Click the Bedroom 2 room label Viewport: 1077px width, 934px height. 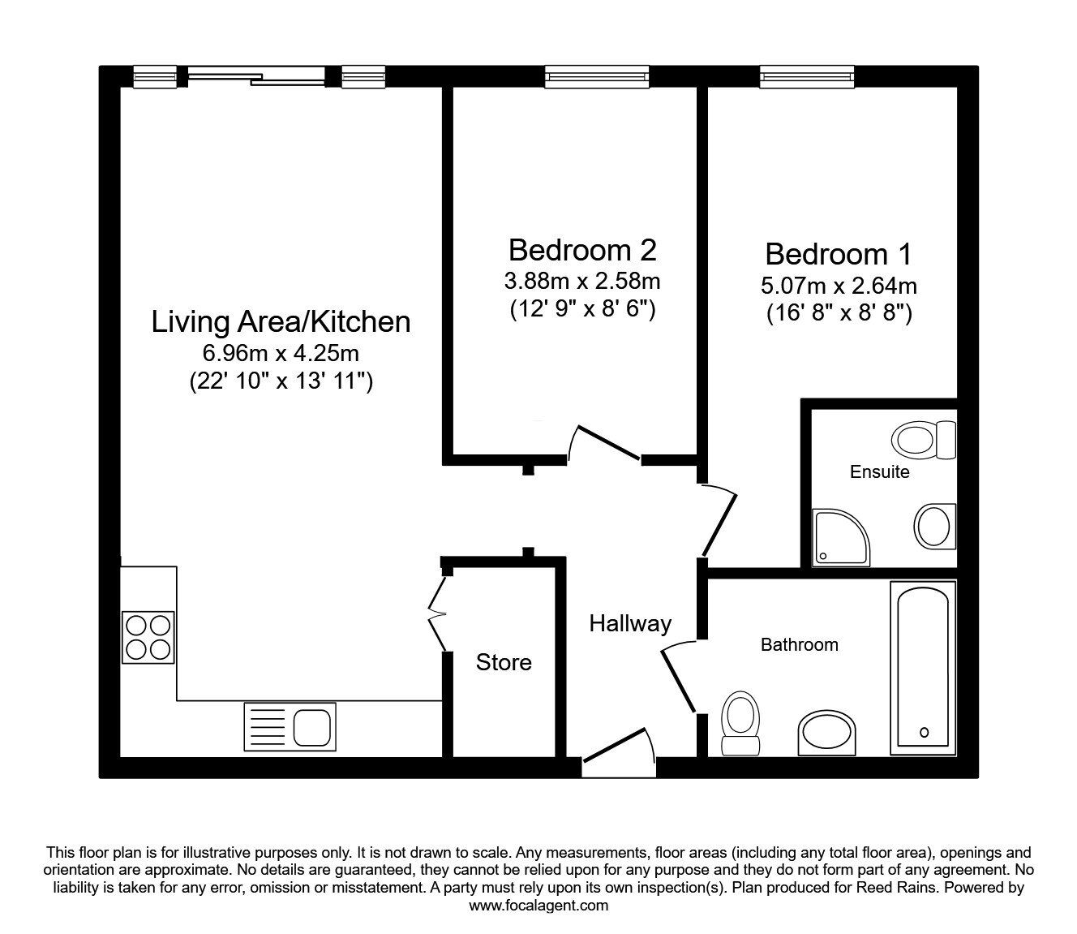click(581, 250)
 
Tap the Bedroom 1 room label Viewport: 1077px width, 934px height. click(838, 254)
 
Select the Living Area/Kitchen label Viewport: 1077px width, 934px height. click(281, 322)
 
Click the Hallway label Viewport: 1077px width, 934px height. click(630, 623)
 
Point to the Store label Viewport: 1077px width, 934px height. click(504, 662)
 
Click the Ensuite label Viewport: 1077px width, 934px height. click(879, 471)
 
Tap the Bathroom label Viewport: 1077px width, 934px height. click(799, 644)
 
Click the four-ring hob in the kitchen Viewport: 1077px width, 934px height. click(148, 637)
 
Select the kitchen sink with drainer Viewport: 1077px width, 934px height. click(290, 725)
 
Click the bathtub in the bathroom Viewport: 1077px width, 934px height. click(923, 668)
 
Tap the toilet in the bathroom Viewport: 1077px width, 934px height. click(739, 721)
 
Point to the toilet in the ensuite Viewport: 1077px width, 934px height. click(924, 440)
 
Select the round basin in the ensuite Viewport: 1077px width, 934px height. click(935, 525)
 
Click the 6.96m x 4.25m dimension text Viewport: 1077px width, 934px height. click(281, 354)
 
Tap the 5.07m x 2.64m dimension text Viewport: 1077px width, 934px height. click(839, 286)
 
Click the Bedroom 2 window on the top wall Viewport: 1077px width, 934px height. click(597, 76)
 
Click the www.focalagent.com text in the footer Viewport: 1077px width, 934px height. click(538, 906)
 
